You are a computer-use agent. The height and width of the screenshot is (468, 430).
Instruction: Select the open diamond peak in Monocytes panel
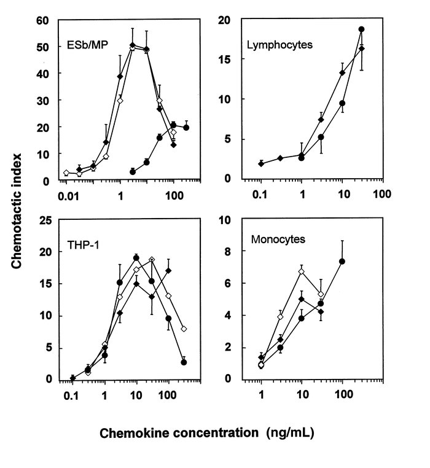pos(301,271)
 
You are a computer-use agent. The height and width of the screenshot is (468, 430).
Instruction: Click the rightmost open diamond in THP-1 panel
pos(184,329)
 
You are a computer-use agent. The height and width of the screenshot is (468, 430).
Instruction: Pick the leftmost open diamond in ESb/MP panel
pos(66,173)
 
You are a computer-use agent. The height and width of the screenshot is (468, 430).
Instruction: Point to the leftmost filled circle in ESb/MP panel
pos(133,171)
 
